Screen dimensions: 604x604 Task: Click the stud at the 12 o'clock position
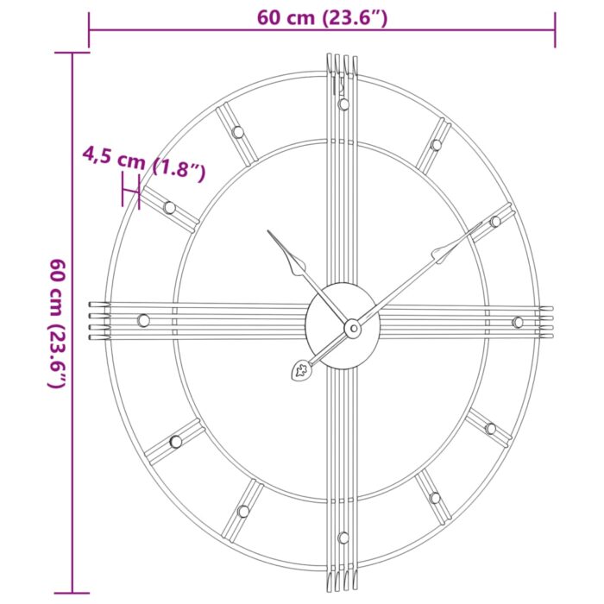coord(343,104)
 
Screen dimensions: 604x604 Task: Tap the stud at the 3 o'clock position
coord(518,322)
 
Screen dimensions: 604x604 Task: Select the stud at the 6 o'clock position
coord(343,538)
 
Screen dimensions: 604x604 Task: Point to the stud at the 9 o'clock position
coord(143,320)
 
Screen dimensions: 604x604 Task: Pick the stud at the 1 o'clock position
coord(436,144)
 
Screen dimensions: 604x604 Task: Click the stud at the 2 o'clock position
coord(495,222)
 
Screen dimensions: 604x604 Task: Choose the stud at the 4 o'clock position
coord(490,428)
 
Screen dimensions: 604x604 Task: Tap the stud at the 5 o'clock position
coord(434,498)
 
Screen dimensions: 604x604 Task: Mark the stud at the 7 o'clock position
coord(243,511)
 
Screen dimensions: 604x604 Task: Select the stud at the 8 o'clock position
coord(176,441)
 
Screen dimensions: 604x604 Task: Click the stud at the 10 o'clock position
coord(169,207)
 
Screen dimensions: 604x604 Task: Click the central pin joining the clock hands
coord(352,328)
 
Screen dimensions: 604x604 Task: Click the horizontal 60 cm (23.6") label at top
coord(320,17)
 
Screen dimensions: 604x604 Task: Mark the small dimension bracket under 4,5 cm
coord(131,189)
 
